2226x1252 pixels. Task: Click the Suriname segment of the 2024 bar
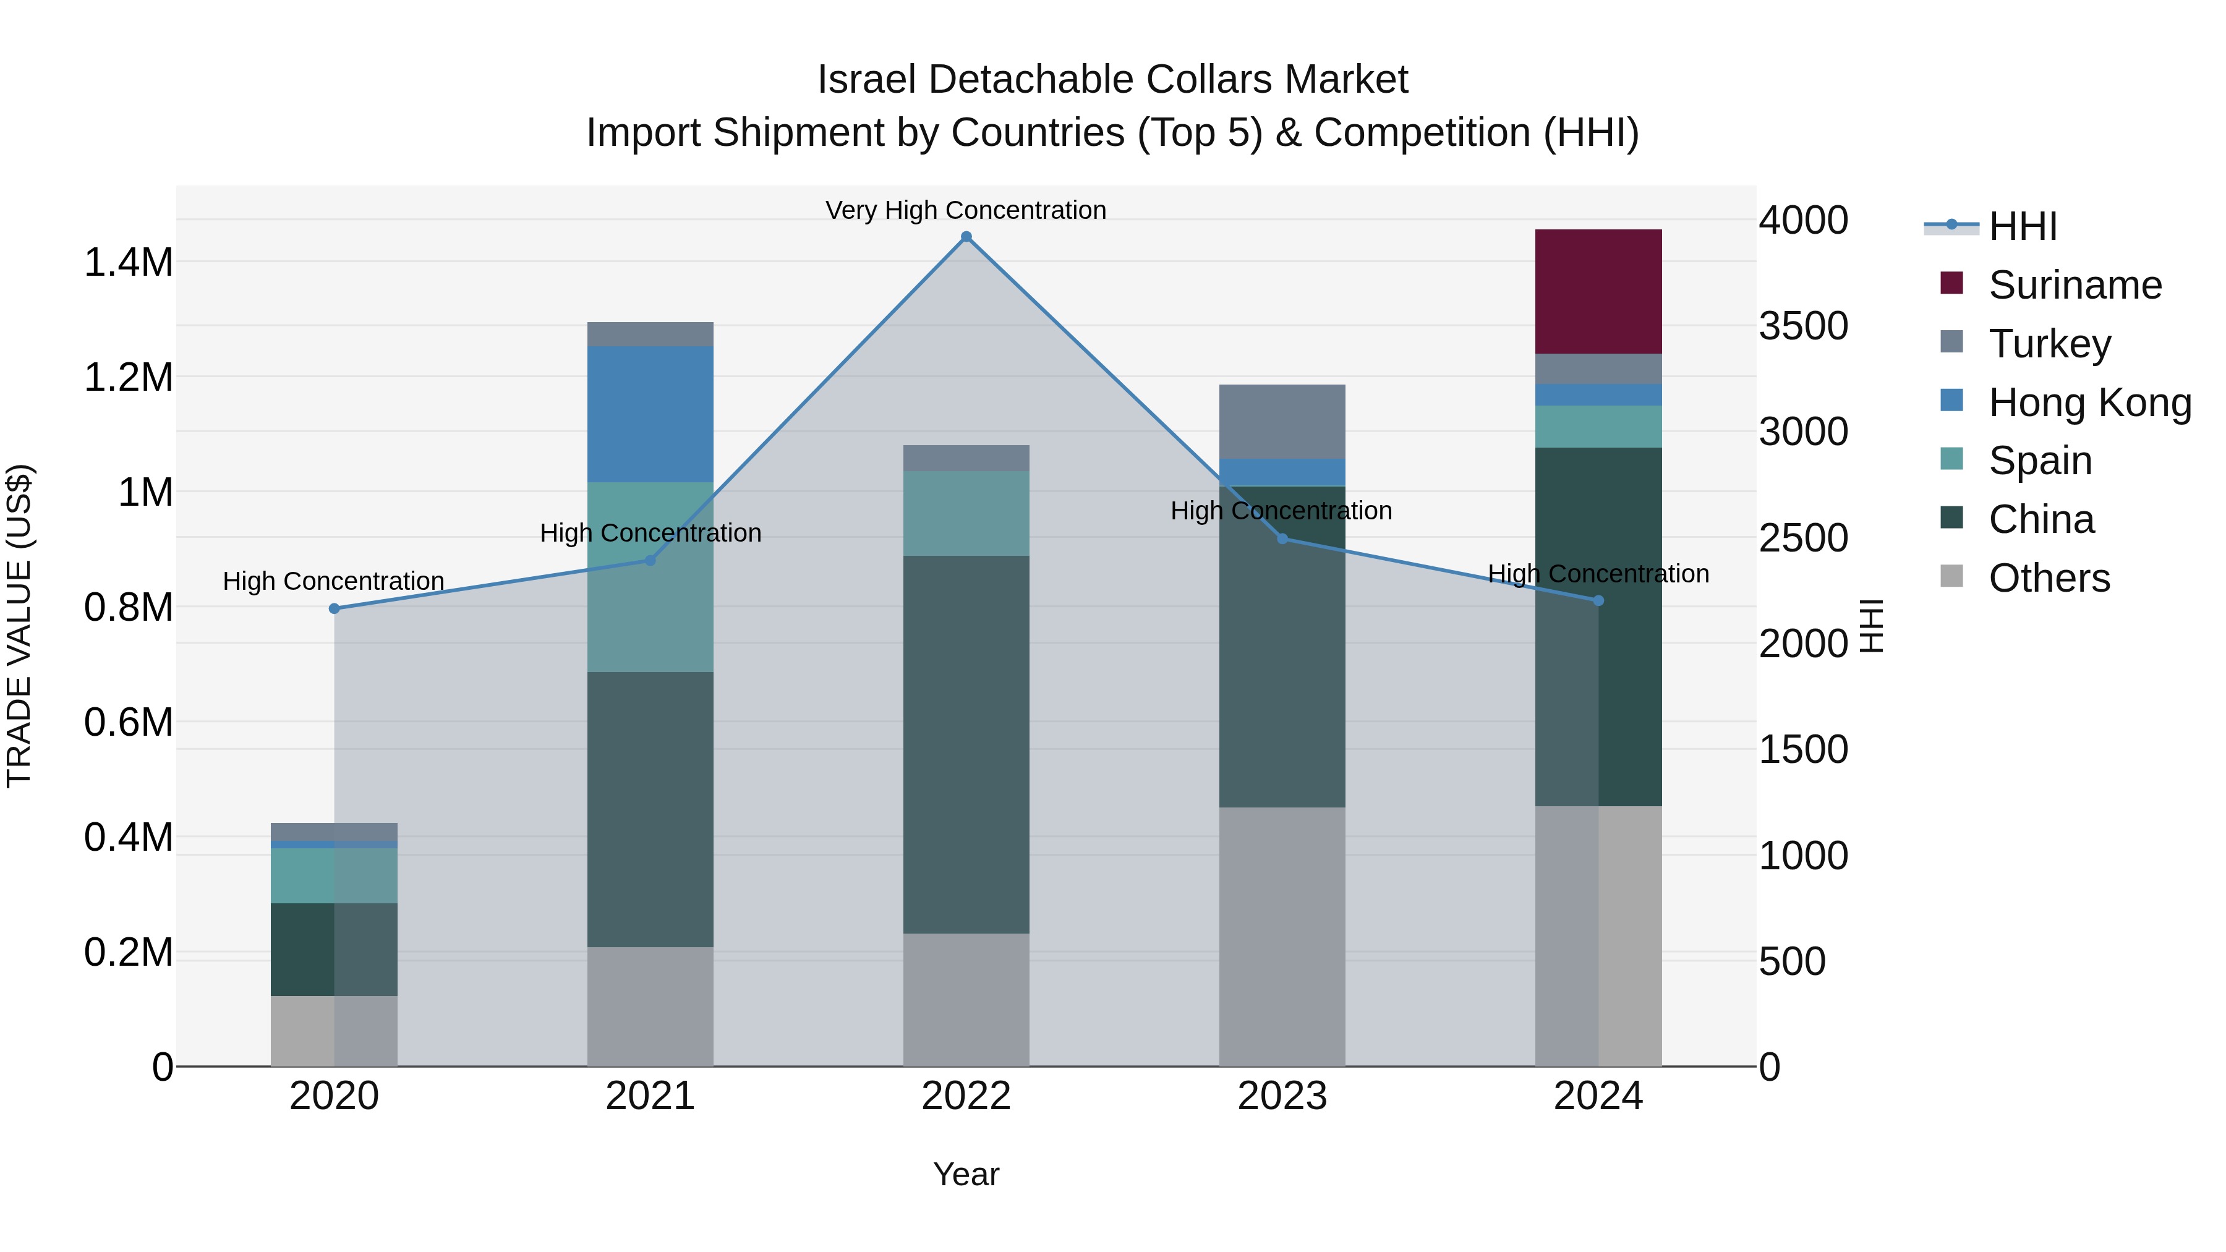point(1598,291)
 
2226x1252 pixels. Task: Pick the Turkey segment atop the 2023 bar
point(1282,422)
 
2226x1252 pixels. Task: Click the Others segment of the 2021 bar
point(650,1006)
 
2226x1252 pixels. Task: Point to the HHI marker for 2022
point(966,237)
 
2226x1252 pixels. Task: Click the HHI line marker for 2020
point(335,608)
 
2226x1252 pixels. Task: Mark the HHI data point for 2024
point(1598,600)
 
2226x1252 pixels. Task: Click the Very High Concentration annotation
point(965,210)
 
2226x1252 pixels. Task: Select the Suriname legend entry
point(2074,285)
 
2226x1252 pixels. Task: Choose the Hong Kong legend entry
point(2089,402)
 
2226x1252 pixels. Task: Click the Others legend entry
point(2048,578)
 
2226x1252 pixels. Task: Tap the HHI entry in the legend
point(2022,226)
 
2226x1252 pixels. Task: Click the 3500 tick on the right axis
point(1804,326)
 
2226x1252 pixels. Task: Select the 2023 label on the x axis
point(1282,1096)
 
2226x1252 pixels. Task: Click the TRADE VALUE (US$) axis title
point(19,626)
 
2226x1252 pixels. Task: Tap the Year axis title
point(966,1174)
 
